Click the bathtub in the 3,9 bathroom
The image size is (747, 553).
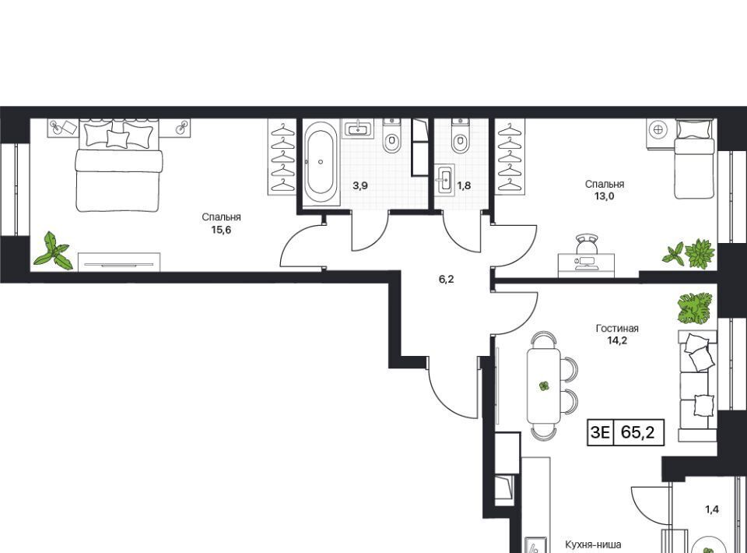tap(321, 162)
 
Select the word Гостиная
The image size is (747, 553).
tap(617, 329)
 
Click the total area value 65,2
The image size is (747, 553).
tap(637, 432)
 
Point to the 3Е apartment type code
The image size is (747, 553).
tap(600, 432)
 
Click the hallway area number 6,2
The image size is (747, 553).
tap(447, 280)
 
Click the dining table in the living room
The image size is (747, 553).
tap(544, 386)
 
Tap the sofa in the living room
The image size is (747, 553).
tap(697, 386)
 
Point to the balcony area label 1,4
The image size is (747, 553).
tap(712, 509)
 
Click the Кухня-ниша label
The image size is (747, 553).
tap(593, 544)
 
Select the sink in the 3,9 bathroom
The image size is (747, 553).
tap(358, 129)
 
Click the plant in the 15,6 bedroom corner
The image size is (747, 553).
tap(53, 251)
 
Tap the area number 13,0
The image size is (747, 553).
tap(604, 195)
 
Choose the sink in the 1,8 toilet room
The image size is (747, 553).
tap(444, 179)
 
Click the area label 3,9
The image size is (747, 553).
tap(360, 185)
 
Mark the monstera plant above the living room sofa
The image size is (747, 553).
tap(695, 308)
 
